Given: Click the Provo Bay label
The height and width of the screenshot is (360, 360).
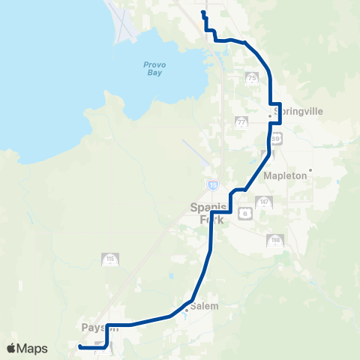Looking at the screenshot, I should (x=154, y=68).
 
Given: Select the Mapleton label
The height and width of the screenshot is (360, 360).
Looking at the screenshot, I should (x=286, y=175).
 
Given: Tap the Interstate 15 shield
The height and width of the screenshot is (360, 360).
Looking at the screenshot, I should (x=214, y=184).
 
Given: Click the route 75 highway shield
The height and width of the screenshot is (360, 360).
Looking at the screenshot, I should (x=251, y=78).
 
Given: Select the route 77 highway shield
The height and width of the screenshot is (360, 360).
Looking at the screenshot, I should (x=241, y=121).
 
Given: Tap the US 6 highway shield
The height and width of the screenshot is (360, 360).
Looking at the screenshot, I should (x=244, y=214).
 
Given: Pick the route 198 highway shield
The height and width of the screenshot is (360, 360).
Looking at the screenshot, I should (x=274, y=241).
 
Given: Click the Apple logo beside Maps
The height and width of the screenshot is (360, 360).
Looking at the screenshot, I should (x=12, y=348).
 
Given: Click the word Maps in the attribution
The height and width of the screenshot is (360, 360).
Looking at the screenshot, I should (x=34, y=348).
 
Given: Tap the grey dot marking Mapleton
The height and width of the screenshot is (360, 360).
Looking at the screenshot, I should (x=310, y=170).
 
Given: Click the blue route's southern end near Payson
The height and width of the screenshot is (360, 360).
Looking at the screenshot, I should (x=79, y=346).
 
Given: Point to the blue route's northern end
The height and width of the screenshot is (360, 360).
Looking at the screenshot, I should (x=203, y=13).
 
